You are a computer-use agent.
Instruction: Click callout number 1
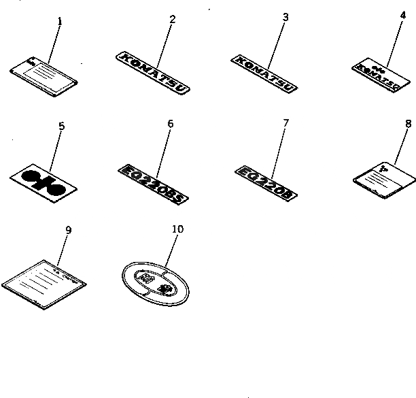click(59, 21)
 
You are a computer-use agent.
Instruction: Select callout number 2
click(172, 18)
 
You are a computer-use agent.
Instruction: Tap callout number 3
click(285, 17)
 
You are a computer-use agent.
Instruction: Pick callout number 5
click(61, 126)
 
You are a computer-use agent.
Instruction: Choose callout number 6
click(170, 124)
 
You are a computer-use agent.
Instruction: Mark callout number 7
click(285, 122)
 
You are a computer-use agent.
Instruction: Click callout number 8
click(408, 124)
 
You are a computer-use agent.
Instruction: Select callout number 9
click(68, 230)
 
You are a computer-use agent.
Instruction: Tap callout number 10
click(177, 229)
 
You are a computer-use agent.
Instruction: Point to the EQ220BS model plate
click(153, 174)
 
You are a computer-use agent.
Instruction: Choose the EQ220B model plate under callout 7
click(266, 173)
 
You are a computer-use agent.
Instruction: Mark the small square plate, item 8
click(384, 170)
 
